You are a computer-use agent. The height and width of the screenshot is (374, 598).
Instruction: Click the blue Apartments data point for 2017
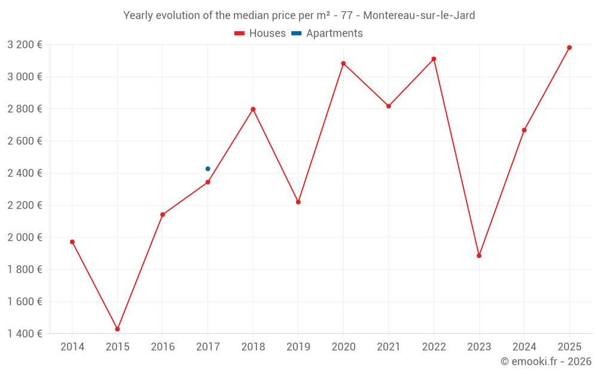click(x=208, y=169)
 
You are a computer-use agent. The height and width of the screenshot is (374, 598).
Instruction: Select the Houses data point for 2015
click(x=117, y=329)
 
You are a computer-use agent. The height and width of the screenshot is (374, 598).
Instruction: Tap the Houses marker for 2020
click(x=343, y=63)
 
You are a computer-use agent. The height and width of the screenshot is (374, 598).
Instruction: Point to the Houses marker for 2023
click(x=479, y=256)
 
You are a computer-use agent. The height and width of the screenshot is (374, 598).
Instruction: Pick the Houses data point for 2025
click(x=569, y=47)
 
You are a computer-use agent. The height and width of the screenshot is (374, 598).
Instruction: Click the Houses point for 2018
click(x=253, y=109)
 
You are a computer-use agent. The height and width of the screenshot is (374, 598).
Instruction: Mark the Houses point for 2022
click(x=434, y=59)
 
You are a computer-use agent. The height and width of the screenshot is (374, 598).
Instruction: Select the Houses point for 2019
click(x=298, y=202)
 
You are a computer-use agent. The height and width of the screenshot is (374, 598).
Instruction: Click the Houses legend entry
click(x=260, y=34)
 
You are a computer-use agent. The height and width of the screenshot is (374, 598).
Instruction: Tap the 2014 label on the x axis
click(x=72, y=347)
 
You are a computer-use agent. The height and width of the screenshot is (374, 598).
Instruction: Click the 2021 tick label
click(x=389, y=347)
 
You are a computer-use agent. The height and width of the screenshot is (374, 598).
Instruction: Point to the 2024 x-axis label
click(x=524, y=347)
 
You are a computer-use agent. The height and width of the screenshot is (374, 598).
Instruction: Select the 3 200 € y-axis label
click(x=25, y=44)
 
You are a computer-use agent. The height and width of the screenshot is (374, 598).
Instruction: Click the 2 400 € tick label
click(x=25, y=173)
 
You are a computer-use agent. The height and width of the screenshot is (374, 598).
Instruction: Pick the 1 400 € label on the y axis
click(x=25, y=333)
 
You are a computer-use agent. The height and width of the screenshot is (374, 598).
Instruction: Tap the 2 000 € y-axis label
click(x=25, y=237)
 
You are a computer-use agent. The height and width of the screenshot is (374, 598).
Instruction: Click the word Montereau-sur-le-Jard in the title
click(x=419, y=16)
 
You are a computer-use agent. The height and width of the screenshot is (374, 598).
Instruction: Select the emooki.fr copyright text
click(x=545, y=361)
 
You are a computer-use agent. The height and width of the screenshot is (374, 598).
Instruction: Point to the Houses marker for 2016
click(x=163, y=214)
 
